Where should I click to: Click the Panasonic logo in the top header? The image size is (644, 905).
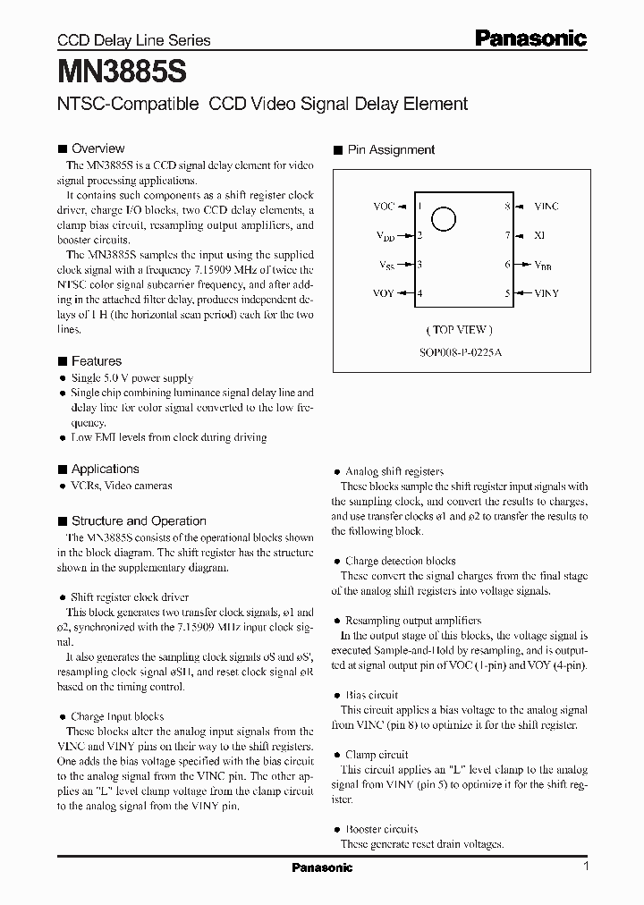tap(530, 38)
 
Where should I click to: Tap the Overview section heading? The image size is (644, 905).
tap(97, 148)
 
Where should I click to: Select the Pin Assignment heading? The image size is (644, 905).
tap(391, 150)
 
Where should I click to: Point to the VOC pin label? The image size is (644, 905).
tap(383, 207)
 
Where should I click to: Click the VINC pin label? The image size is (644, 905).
tap(546, 207)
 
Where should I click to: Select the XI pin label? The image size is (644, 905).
tap(539, 235)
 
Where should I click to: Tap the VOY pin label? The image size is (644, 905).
tap(383, 293)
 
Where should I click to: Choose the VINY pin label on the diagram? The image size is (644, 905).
tap(547, 293)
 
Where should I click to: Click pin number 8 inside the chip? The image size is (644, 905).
tap(507, 207)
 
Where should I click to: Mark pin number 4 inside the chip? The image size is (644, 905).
tap(419, 293)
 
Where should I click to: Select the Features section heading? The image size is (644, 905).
tap(96, 361)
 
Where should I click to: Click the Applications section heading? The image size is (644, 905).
tap(105, 469)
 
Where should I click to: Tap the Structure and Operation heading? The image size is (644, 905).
tap(139, 520)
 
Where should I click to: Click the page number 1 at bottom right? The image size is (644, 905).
tap(586, 867)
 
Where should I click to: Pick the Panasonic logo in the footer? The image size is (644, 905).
tap(322, 867)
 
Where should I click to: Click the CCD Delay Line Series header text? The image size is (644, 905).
tap(134, 40)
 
